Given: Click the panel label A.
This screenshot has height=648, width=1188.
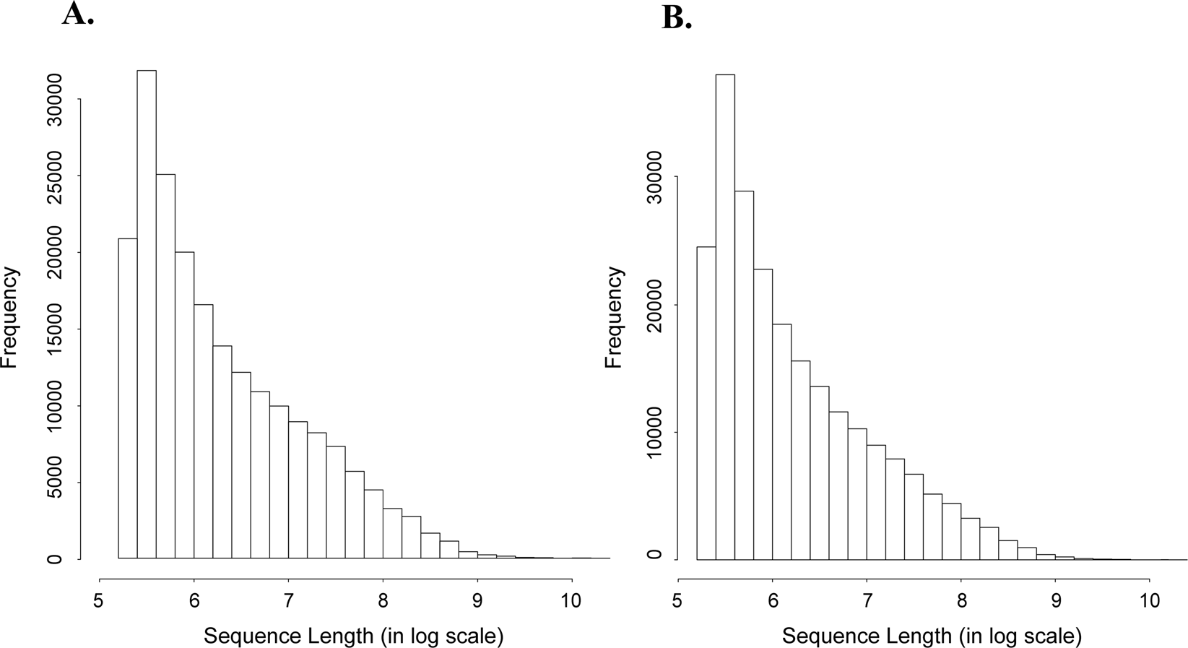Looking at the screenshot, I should [77, 14].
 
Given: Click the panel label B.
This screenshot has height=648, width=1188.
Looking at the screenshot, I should [677, 18].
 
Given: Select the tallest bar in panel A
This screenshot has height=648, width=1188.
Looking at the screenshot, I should [147, 314].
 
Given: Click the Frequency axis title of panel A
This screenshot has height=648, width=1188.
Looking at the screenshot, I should [10, 317].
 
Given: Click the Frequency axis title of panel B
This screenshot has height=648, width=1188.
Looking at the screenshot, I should [615, 317].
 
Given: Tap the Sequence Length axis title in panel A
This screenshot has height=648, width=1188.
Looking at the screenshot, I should [353, 636].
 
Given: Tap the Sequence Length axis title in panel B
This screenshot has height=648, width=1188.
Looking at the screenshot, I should [932, 636].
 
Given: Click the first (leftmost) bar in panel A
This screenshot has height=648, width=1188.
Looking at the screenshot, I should [128, 398].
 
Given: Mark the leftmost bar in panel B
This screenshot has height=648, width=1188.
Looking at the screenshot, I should [706, 402].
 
